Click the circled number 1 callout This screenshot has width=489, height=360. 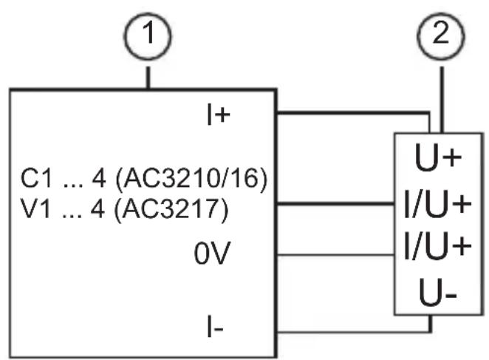(x=148, y=36)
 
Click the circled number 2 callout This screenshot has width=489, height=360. (x=441, y=36)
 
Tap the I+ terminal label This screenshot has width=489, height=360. (x=219, y=115)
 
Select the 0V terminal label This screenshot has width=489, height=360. (x=212, y=254)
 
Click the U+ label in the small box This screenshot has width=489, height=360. (x=438, y=157)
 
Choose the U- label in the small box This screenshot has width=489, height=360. (x=438, y=293)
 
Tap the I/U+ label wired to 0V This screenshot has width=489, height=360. (x=437, y=246)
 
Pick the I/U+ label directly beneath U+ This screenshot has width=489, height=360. (x=437, y=204)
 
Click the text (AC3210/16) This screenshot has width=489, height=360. (x=191, y=179)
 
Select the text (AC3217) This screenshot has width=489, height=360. (x=171, y=209)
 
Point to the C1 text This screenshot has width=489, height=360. (x=36, y=179)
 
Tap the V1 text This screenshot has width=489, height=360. (x=35, y=208)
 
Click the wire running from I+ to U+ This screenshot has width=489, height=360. (x=353, y=113)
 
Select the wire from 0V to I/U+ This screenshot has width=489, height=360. (x=335, y=255)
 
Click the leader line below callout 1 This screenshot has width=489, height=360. (x=148, y=78)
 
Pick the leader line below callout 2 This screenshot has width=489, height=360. (x=442, y=100)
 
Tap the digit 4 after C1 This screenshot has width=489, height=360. (x=99, y=179)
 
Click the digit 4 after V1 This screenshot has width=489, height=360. (x=98, y=208)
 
